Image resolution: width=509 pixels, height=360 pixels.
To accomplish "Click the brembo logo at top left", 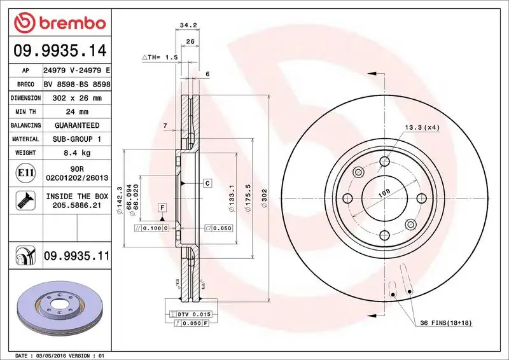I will click(58, 22).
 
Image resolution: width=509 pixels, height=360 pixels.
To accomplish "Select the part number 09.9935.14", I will click(59, 49).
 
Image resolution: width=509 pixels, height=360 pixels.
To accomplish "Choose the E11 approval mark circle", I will click(23, 172).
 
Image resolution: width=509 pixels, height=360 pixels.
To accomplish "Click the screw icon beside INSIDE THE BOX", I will click(23, 201).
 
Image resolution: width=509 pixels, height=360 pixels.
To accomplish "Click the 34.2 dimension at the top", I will click(186, 26).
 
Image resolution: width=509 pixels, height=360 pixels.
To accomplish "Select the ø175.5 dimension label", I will click(251, 193).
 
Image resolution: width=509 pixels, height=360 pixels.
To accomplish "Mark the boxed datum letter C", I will click(207, 183).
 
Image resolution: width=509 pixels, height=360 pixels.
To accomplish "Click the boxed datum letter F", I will click(163, 207).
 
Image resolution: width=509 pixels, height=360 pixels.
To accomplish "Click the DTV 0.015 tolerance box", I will click(192, 314).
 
